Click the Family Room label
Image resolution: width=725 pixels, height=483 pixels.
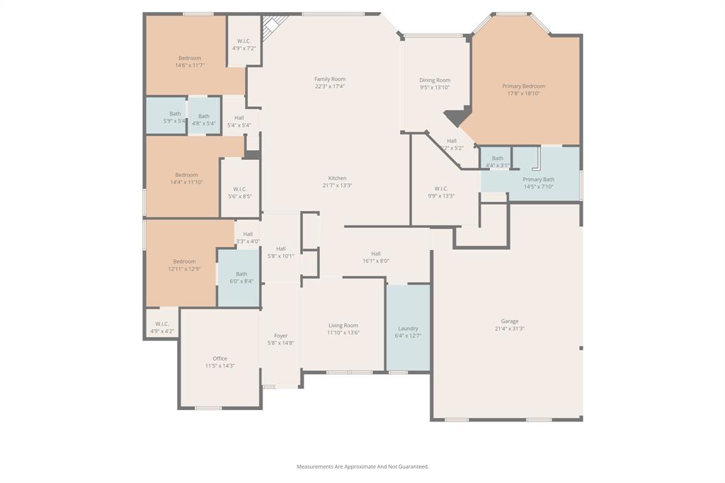[330, 79]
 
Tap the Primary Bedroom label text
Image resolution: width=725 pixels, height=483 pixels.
[523, 86]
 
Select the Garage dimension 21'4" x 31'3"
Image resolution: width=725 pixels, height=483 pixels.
[510, 329]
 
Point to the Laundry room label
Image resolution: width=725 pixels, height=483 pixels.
[408, 329]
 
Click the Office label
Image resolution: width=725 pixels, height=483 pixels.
[220, 358]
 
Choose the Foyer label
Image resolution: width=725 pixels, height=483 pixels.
[281, 336]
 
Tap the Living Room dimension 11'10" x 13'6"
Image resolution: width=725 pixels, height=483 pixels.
[343, 332]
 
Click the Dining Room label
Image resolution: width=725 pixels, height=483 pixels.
[435, 80]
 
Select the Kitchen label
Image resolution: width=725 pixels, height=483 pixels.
[337, 178]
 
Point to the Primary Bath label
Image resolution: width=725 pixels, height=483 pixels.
[538, 180]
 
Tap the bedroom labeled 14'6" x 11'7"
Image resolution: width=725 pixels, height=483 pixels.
[190, 62]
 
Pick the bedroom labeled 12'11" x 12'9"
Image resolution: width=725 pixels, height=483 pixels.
[184, 265]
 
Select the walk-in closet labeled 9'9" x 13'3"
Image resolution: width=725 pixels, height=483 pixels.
[441, 192]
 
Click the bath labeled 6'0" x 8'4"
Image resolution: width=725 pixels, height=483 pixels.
[241, 278]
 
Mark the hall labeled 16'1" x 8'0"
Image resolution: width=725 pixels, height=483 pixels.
[376, 257]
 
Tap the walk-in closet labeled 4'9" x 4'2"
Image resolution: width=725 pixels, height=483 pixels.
[162, 327]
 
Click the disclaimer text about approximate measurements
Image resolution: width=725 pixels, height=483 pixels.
[362, 467]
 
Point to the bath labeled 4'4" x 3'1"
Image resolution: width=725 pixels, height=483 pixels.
[498, 161]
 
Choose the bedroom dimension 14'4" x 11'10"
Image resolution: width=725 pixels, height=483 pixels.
[187, 182]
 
